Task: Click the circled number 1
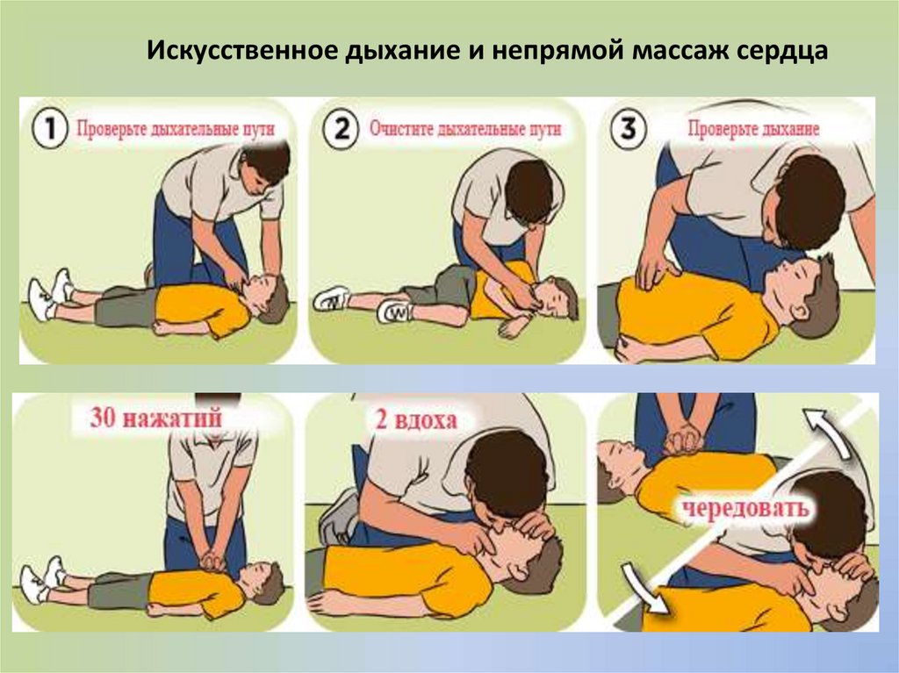(x=50, y=128)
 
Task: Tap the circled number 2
(x=341, y=128)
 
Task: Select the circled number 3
(x=628, y=128)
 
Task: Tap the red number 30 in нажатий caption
(x=104, y=418)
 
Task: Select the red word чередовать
(x=745, y=507)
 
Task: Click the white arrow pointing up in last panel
(x=825, y=430)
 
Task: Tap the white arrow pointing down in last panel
(x=647, y=588)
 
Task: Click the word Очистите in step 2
(x=400, y=128)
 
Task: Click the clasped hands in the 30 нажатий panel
(x=212, y=562)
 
